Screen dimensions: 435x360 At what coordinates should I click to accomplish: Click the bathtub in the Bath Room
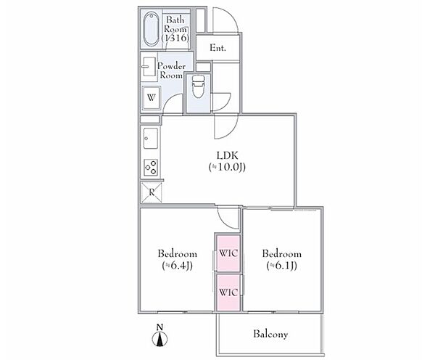[x=152, y=28]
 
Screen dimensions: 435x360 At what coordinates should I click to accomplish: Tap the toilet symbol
[x=198, y=86]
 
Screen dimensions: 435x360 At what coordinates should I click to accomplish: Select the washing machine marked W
[x=152, y=98]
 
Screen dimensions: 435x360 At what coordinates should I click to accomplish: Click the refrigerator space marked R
[x=152, y=192]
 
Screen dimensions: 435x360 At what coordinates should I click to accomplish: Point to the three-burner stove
[x=152, y=168]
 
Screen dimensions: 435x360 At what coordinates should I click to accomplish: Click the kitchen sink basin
[x=151, y=139]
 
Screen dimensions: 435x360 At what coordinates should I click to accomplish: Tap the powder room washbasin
[x=149, y=67]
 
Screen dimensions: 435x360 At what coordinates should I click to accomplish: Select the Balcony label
[x=270, y=334]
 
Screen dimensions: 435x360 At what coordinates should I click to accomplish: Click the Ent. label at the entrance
[x=217, y=48]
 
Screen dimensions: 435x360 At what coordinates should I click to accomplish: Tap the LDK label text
[x=227, y=155]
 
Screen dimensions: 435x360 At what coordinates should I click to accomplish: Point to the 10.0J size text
[x=227, y=167]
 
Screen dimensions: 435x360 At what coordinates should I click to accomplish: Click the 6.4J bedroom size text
[x=178, y=266]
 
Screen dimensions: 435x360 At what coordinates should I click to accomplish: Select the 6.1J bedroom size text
[x=282, y=266]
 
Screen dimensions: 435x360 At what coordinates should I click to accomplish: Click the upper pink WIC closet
[x=228, y=253]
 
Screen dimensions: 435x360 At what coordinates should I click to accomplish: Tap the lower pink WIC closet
[x=228, y=292]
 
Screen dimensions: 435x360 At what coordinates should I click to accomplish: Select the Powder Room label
[x=171, y=70]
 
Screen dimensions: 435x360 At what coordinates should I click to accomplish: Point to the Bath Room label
[x=175, y=28]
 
